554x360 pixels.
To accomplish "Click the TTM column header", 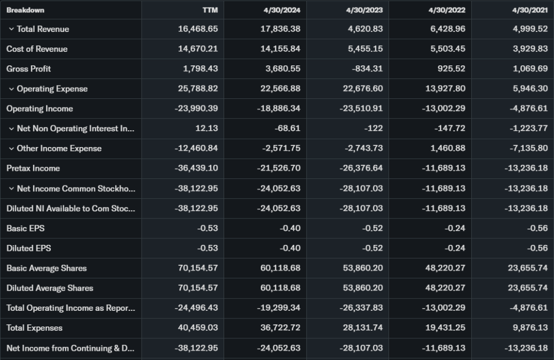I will point(210,10).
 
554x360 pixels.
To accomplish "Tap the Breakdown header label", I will point(25,10).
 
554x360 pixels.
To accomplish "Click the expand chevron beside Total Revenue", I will point(11,29).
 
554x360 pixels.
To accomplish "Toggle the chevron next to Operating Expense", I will point(11,89).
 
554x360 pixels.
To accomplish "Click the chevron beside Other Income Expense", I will point(11,149).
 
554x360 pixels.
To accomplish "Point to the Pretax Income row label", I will point(33,168).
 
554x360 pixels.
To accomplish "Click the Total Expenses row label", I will point(34,328).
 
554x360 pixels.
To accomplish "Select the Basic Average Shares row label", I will point(47,268).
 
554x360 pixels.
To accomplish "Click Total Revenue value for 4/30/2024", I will point(280,29).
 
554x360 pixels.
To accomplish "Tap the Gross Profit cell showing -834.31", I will point(366,69).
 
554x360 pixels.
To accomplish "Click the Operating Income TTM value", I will point(196,109).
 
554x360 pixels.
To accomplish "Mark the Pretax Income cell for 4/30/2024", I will point(279,168).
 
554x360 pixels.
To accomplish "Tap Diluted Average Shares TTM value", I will point(198,288).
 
